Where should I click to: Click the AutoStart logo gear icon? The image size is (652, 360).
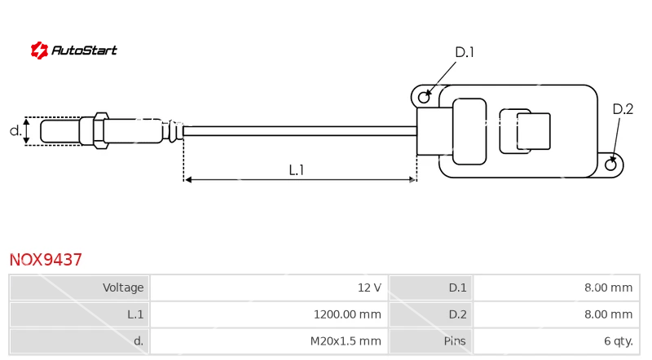point(39,50)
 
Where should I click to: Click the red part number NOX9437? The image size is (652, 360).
point(46,260)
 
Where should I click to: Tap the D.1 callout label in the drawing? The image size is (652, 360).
point(465,52)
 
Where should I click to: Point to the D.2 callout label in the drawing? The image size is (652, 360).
point(623,109)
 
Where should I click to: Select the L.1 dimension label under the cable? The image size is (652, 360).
point(297,169)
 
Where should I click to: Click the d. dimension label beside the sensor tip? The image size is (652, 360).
point(15,131)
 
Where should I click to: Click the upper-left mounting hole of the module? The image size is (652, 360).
point(424,97)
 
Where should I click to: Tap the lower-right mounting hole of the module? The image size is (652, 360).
point(610,165)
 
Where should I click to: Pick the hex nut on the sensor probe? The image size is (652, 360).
point(101,130)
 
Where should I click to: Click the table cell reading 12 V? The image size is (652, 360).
point(269,288)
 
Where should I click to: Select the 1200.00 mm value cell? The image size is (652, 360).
point(269,314)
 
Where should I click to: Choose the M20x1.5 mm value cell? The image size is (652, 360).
point(269,341)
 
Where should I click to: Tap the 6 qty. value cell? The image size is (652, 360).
point(557,341)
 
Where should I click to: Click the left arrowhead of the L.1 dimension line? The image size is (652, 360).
point(187,179)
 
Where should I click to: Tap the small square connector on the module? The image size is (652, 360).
point(534,131)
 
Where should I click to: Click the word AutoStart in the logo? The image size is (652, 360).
point(84,50)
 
